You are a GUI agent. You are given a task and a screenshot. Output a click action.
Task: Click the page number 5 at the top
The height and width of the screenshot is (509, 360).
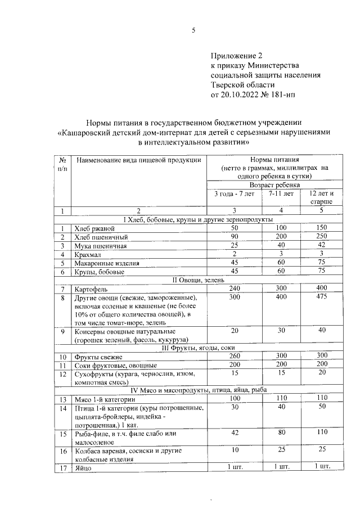[x=193, y=31]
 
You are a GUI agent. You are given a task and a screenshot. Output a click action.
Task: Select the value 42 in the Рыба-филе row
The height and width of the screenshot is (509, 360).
[x=235, y=433]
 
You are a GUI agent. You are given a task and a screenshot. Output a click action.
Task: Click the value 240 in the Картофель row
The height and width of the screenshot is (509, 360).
[x=235, y=288]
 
